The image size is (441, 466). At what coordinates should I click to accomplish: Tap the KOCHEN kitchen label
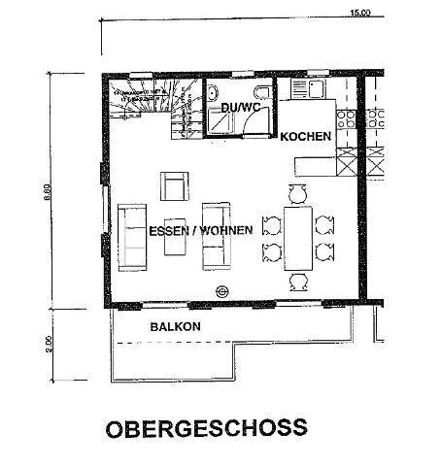click(x=306, y=138)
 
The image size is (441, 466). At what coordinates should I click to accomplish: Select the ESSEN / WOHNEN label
click(x=201, y=230)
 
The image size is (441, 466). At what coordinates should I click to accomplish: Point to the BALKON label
click(x=175, y=327)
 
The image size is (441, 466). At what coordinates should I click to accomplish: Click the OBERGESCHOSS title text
click(x=205, y=428)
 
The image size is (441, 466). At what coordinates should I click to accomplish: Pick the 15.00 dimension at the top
click(x=360, y=13)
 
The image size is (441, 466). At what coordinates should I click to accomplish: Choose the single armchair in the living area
click(x=175, y=184)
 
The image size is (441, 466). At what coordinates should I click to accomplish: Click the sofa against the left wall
click(x=132, y=237)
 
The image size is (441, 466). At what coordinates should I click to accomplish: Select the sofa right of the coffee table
click(x=215, y=237)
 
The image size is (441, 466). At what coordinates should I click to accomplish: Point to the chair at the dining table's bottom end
click(x=297, y=281)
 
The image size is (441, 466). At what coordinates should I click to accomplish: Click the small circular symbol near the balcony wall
click(x=222, y=291)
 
